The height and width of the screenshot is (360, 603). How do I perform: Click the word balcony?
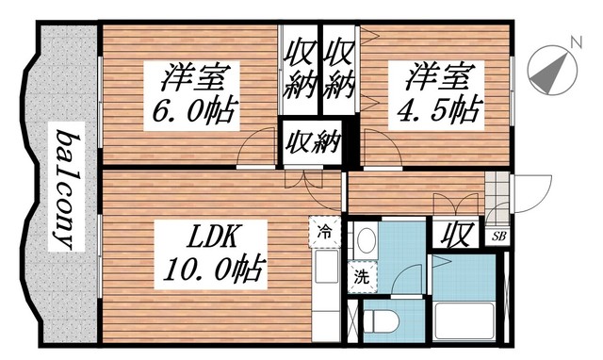tap(65, 188)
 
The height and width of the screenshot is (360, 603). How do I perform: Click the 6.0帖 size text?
tap(195, 111)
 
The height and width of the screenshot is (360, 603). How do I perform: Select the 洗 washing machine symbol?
tap(361, 278)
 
